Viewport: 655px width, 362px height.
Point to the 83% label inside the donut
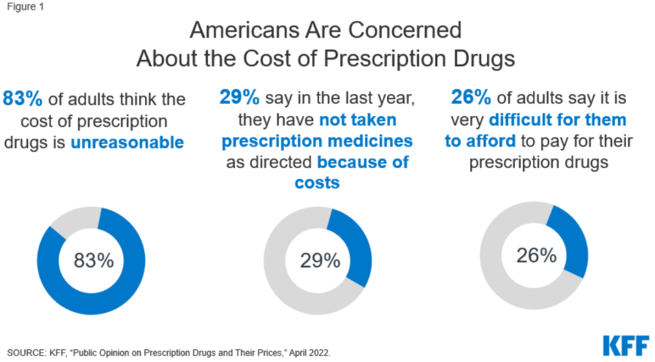[93, 261]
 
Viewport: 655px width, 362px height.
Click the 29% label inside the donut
[320, 261]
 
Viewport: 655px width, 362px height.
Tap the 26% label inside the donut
[536, 256]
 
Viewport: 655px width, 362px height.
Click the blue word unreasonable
[127, 143]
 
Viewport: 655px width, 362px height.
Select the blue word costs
[317, 182]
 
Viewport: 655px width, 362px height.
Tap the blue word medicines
[370, 141]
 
